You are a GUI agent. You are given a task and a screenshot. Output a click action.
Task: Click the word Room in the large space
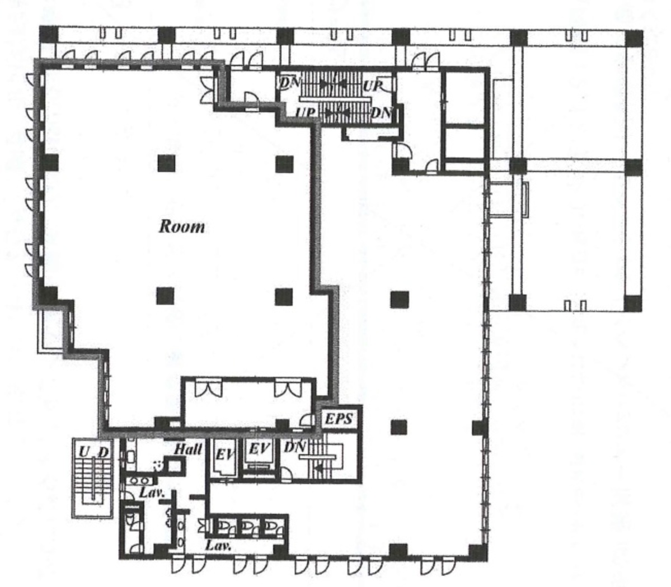tap(182, 226)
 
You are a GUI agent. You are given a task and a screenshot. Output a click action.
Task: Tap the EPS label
tap(339, 419)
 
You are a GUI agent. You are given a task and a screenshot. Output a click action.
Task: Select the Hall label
tap(188, 449)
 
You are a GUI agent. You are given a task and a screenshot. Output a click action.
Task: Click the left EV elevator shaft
tap(224, 457)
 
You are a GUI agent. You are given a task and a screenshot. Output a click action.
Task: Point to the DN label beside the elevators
tap(295, 447)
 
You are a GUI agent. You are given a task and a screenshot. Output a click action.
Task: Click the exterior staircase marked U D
tap(93, 478)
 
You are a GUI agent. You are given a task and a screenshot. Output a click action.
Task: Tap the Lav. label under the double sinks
tap(152, 492)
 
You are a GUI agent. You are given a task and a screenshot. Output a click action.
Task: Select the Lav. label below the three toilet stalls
tap(218, 545)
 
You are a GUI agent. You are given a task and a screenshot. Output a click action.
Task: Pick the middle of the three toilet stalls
tap(248, 527)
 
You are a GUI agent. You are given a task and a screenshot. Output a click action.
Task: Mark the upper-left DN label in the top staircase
tap(290, 82)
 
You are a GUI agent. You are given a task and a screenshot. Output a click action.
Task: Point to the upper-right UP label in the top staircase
tap(372, 86)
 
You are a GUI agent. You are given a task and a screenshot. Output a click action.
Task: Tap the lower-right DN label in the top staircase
tap(381, 113)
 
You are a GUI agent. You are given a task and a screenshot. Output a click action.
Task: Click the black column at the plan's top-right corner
tap(634, 39)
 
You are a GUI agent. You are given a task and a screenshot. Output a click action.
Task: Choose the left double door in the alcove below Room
tap(208, 387)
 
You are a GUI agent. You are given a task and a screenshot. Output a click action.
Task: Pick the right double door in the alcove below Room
tap(288, 387)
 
